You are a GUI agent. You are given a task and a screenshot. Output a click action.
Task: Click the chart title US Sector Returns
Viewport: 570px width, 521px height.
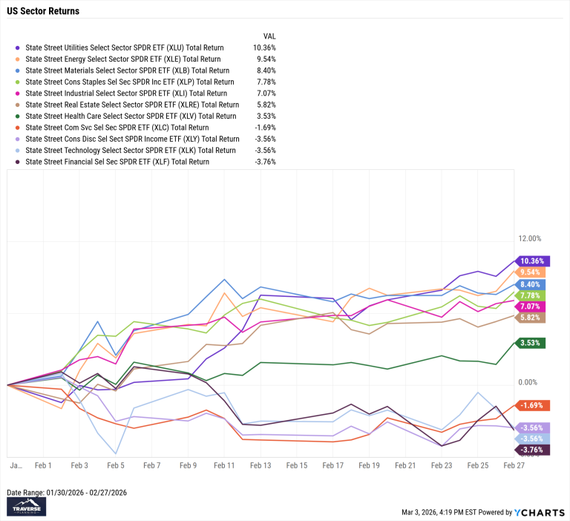[x=43, y=12]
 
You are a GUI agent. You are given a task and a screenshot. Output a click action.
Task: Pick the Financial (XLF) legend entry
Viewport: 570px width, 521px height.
[x=117, y=161]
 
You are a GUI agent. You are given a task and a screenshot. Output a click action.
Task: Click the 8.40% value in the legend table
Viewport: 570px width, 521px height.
[x=265, y=71]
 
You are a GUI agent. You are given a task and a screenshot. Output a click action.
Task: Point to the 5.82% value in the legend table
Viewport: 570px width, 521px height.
[x=265, y=105]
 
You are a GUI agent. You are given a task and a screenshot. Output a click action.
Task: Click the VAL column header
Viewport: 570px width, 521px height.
[x=269, y=36]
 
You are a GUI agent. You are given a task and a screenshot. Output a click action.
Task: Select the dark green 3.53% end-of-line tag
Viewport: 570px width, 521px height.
[x=531, y=343]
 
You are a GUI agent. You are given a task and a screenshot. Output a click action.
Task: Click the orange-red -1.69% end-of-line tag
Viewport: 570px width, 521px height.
[x=529, y=405]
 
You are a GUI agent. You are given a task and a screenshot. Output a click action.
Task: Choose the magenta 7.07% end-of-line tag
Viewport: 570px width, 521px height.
[x=531, y=306]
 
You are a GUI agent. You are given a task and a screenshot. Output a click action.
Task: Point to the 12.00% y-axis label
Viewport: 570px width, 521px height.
[x=530, y=238]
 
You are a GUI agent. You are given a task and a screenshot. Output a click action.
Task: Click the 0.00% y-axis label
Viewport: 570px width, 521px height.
[x=528, y=382]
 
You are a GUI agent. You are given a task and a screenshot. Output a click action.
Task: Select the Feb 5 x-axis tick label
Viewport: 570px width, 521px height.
[x=116, y=465]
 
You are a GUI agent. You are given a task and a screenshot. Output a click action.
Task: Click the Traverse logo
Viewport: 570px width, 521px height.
[x=26, y=506]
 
